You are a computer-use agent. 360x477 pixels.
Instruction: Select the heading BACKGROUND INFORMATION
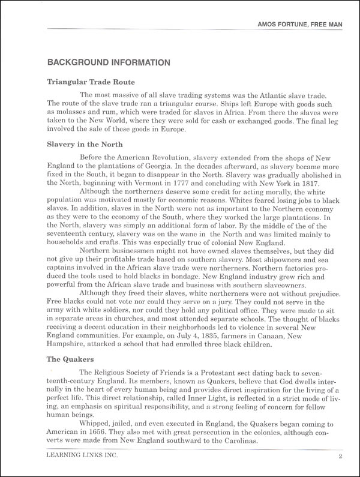coord(109,62)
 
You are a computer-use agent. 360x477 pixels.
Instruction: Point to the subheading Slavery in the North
coord(85,144)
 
